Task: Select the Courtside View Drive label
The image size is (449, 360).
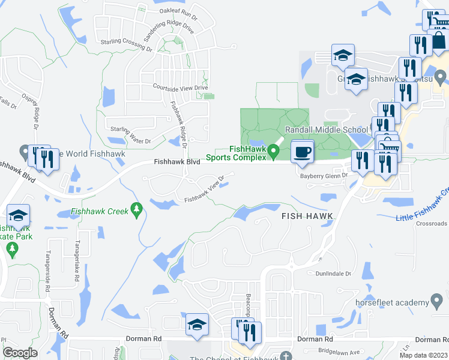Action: [x=180, y=88]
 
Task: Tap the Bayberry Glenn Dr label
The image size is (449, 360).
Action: [x=324, y=176]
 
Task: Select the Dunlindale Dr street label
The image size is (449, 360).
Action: [x=333, y=274]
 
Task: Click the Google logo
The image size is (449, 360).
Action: [x=20, y=353]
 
